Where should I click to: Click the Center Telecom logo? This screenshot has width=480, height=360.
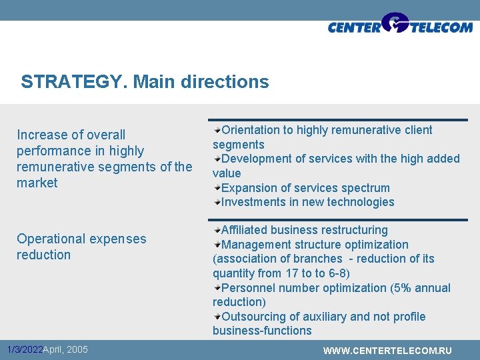click(400, 25)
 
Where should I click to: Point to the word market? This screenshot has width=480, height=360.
click(37, 183)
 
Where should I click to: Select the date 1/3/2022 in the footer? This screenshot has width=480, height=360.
click(25, 349)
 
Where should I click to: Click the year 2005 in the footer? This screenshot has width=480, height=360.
click(77, 349)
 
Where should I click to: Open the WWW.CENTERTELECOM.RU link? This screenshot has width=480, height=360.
click(387, 351)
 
